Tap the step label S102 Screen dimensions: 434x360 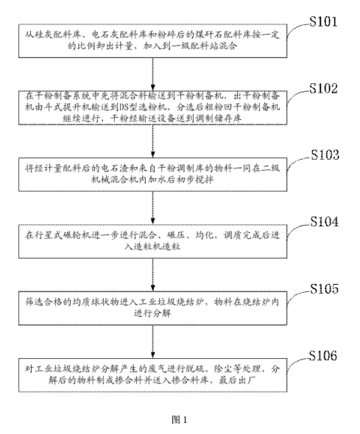[330, 89]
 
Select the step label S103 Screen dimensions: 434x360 [330, 157]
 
